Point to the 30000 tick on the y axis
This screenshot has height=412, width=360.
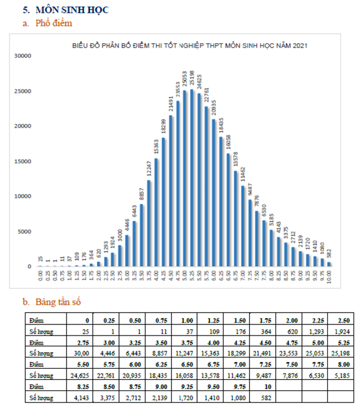click(23, 56)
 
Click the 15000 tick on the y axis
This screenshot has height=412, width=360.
click(23, 161)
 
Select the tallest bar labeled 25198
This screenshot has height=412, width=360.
click(192, 178)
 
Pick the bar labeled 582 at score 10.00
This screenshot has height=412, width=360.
click(330, 264)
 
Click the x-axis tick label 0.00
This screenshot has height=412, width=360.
click(41, 277)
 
